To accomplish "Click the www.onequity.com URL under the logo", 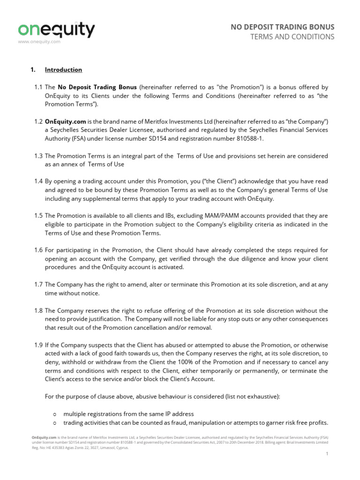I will pos(39,42).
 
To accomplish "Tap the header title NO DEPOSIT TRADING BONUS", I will pos(283,27).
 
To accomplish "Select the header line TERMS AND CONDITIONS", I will pos(293,37).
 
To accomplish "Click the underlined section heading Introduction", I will pos(63,70).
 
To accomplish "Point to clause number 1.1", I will pos(38,87).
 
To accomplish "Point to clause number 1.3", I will pos(38,156).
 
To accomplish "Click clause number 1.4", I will pos(38,181).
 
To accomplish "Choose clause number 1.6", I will pos(38,250).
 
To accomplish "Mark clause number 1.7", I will pos(38,284).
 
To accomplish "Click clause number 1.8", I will pos(38,310).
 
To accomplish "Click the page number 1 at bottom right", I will pos(326,454).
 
